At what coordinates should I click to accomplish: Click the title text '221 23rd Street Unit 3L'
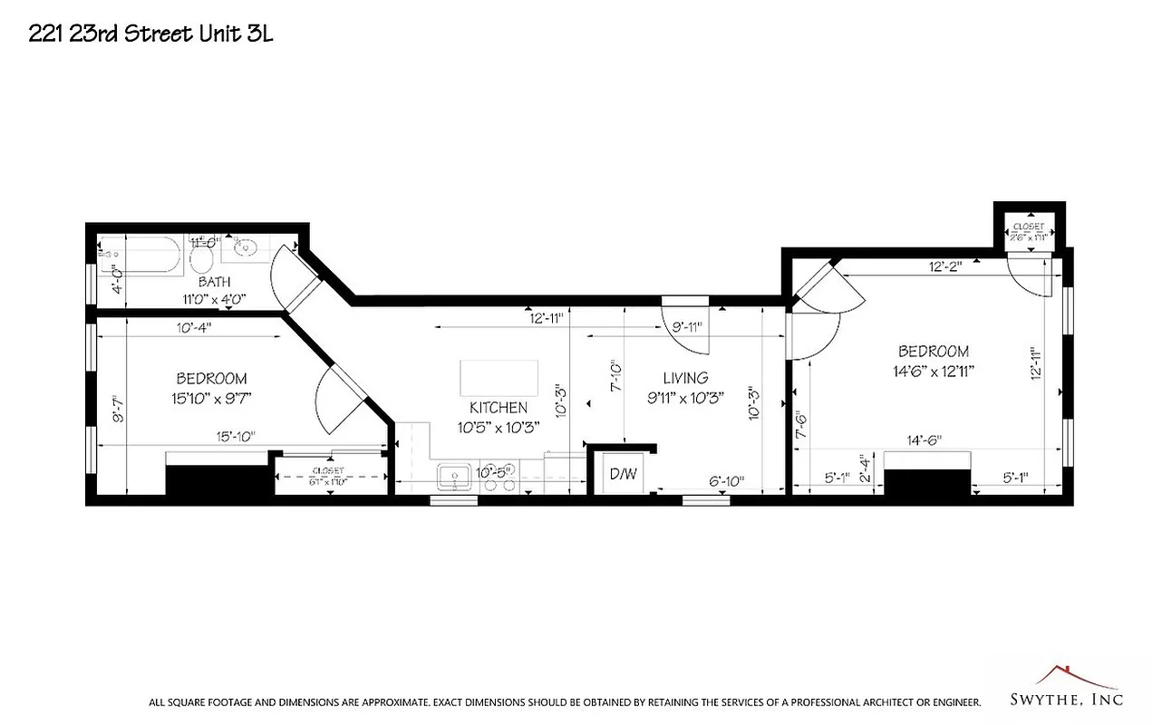point(150,34)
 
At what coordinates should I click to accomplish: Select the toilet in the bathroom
point(201,261)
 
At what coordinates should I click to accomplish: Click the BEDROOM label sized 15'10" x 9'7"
point(211,387)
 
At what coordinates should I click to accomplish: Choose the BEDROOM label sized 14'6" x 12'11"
point(933,360)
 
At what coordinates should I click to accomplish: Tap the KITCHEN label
point(498,417)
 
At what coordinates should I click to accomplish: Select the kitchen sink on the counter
point(453,477)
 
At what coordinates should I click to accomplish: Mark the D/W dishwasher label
point(622,473)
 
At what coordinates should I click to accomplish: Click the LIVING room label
point(684,387)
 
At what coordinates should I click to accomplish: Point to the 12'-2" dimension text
point(944,266)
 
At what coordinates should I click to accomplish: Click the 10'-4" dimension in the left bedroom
point(195,327)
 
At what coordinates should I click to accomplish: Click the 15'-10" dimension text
point(236,437)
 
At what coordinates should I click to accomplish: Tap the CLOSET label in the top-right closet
point(1029,227)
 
